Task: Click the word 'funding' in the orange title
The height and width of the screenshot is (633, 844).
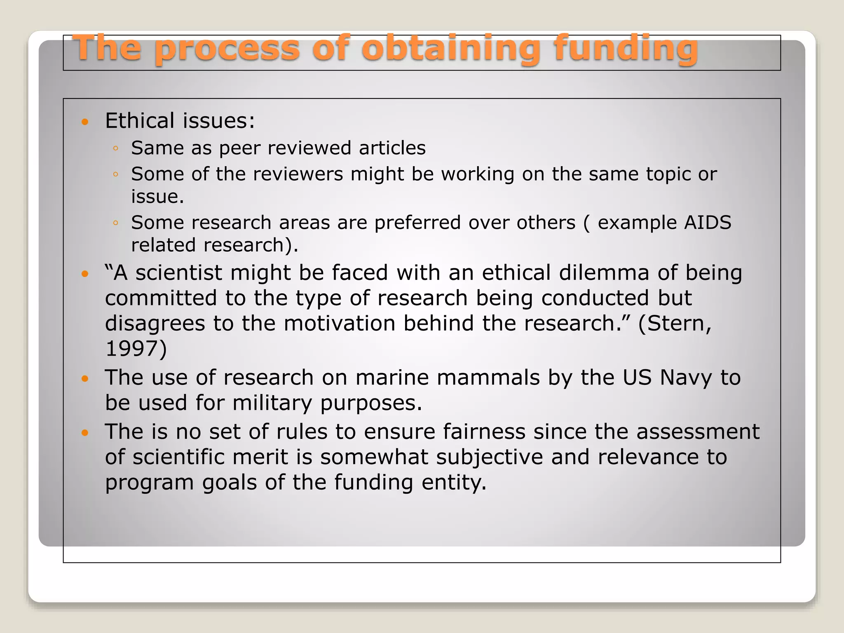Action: click(x=626, y=49)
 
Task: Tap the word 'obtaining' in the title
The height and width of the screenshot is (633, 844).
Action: click(x=450, y=49)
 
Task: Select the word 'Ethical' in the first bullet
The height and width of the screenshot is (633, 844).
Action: click(x=140, y=121)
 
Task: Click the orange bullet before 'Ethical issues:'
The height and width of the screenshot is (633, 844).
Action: click(x=85, y=122)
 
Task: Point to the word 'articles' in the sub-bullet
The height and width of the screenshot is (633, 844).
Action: click(x=392, y=148)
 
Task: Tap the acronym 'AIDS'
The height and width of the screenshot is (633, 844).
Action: click(x=708, y=223)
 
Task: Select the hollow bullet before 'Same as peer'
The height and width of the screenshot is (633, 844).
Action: click(x=116, y=148)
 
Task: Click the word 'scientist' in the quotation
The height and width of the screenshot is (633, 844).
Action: click(x=179, y=273)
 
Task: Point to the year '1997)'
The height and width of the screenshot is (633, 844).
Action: click(x=136, y=349)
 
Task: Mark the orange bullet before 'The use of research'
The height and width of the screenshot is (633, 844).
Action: click(x=85, y=378)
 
